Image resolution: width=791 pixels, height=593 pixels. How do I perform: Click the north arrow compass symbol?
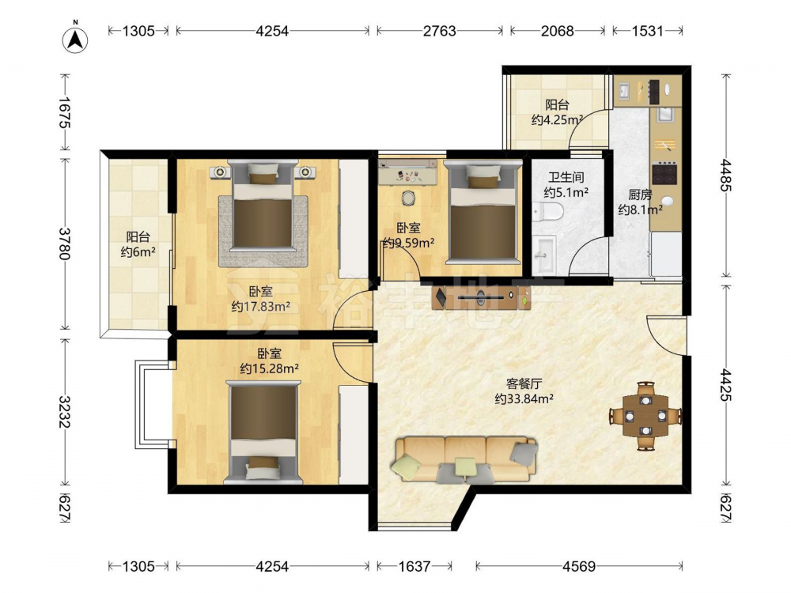75,38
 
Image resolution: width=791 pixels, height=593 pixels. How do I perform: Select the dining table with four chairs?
645,416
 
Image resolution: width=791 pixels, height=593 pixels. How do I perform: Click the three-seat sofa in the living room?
466,459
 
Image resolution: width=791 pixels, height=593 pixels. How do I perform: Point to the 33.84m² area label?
524,398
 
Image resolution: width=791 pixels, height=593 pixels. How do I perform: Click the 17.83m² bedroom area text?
260,306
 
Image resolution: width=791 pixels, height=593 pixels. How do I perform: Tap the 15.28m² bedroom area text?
269,368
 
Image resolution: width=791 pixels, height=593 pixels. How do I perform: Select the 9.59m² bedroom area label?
409,243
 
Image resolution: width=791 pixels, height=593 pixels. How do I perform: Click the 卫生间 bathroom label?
566,177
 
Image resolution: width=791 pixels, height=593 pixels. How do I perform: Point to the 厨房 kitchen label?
640,195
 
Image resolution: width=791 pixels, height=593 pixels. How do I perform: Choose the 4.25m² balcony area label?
557,120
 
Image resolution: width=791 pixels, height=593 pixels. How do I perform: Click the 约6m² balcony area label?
138,251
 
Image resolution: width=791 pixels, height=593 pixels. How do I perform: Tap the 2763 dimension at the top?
439,31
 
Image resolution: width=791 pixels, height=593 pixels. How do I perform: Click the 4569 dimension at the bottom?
579,566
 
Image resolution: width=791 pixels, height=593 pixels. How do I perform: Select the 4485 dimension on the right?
725,175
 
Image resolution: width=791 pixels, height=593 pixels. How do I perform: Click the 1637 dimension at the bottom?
414,566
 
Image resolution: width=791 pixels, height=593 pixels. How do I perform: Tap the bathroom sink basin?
544,255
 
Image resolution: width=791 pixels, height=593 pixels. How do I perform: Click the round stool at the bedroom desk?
408,198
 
